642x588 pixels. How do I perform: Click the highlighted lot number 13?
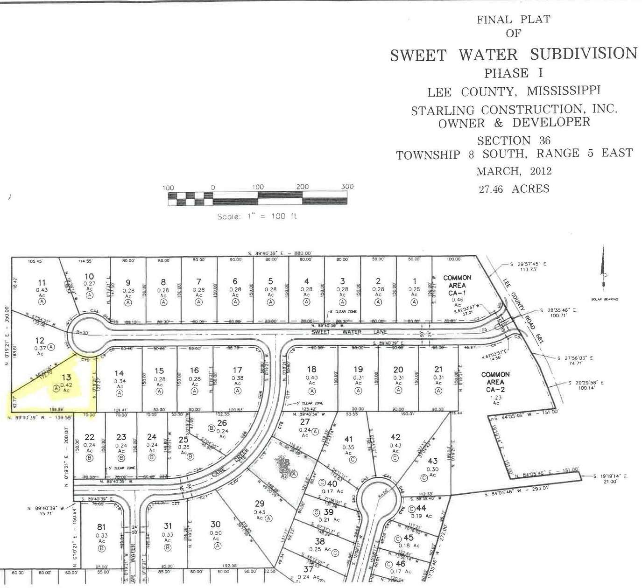pos(66,377)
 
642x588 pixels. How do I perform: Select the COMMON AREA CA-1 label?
pos(457,281)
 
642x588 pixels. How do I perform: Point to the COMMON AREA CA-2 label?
pos(495,382)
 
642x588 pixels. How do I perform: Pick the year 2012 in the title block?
pos(541,171)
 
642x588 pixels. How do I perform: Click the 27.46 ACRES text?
pos(514,189)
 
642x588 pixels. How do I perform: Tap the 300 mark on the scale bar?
pos(347,187)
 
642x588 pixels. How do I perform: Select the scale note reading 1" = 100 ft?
pos(257,217)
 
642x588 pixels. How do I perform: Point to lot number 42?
pos(395,437)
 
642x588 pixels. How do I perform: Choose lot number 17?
pos(237,370)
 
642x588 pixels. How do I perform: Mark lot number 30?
pos(215,524)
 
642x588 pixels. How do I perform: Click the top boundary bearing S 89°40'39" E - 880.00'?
pos(280,253)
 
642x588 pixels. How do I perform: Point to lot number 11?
pos(42,282)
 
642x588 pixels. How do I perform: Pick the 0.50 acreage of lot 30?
pos(215,532)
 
